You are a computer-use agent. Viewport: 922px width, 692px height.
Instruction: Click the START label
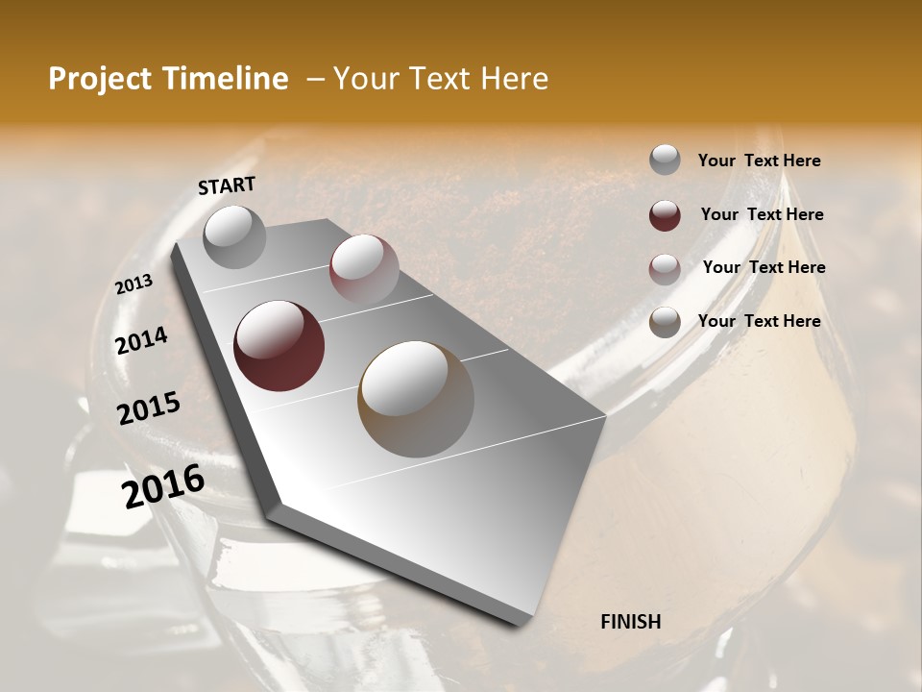point(227,185)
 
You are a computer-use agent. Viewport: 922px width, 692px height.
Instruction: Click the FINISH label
point(631,622)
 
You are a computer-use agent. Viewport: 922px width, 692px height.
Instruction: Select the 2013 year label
point(133,284)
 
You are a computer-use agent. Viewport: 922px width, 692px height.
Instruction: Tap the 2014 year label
point(141,341)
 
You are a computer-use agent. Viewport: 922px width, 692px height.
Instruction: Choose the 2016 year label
point(163,486)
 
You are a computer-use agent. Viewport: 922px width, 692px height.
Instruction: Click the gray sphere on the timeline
point(235,236)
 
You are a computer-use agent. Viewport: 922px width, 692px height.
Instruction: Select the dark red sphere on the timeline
point(279,346)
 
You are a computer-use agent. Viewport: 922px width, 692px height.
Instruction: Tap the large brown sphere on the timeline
point(416,399)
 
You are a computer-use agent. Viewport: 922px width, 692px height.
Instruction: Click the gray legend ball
point(665,161)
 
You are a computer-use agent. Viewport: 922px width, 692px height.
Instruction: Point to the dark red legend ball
point(665,215)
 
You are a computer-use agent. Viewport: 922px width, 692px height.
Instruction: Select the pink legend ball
point(665,268)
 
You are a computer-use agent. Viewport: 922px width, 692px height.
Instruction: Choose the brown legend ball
point(665,322)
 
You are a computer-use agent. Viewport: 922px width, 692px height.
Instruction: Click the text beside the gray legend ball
point(759,161)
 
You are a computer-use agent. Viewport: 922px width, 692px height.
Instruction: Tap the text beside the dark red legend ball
point(762,214)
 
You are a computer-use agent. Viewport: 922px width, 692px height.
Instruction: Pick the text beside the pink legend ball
point(764,267)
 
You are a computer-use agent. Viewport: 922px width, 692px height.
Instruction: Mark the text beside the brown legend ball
point(759,321)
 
